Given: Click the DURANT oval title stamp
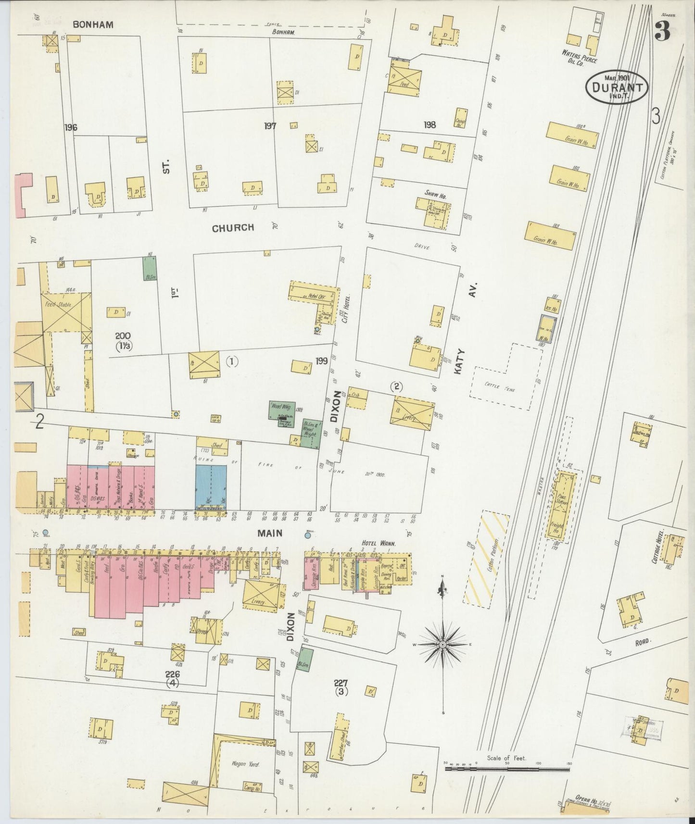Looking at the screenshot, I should [617, 87].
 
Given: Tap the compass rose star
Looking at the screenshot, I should [442, 644].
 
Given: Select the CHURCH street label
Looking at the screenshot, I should [233, 228].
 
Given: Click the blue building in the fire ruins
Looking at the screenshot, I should [211, 486].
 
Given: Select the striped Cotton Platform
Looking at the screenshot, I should [486, 558].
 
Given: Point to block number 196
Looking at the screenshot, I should [70, 127].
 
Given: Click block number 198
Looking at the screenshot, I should [430, 125].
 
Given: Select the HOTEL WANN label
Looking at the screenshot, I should [379, 543].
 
